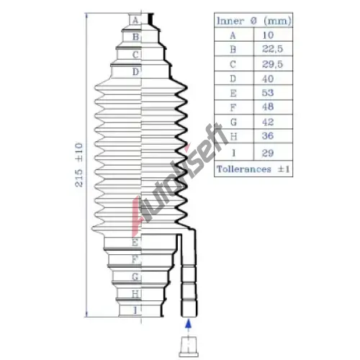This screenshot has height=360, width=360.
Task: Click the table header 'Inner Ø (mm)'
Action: click(253, 21)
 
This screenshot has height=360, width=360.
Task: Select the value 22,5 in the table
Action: click(272, 49)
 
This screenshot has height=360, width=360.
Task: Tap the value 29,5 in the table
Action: click(272, 64)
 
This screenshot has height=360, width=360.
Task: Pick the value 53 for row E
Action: click(268, 93)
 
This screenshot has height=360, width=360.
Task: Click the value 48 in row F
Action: click(268, 107)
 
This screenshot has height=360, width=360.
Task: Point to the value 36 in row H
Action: click(268, 136)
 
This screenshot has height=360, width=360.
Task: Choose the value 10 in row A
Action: click(268, 35)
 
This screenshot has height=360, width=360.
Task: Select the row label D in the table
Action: click(233, 78)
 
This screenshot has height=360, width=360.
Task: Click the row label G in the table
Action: click(233, 122)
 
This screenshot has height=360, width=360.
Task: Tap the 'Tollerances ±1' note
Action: click(253, 169)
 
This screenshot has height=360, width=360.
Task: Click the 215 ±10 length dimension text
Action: click(79, 165)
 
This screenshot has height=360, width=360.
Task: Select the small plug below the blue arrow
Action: click(189, 347)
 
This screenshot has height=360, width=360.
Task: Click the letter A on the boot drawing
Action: click(135, 20)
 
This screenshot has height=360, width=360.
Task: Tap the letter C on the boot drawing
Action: click(135, 55)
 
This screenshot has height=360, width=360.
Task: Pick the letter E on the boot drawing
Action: click(135, 243)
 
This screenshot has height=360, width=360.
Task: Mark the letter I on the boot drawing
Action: click(135, 310)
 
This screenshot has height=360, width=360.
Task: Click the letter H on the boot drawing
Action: click(135, 294)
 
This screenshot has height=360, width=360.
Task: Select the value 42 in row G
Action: click(268, 122)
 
